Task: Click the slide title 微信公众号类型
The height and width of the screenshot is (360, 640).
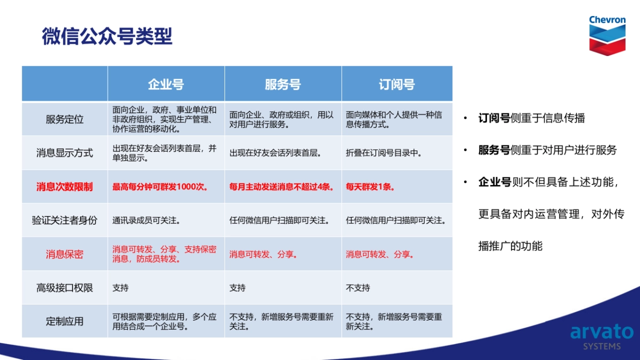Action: click(x=107, y=36)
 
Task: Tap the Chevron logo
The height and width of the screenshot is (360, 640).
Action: click(x=607, y=36)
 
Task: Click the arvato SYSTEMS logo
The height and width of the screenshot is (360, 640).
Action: click(x=602, y=337)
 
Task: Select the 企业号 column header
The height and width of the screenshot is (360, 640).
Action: click(x=166, y=85)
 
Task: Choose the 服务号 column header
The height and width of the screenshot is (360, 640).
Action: click(x=283, y=85)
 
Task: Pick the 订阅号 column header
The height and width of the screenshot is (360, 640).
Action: click(x=397, y=85)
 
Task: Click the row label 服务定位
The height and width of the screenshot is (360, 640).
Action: click(x=65, y=119)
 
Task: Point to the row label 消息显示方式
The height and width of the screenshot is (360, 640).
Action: click(x=65, y=153)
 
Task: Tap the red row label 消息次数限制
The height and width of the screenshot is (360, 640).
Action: click(x=65, y=187)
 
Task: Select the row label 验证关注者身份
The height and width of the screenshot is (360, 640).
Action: click(x=65, y=220)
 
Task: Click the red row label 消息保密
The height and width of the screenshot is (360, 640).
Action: click(x=65, y=254)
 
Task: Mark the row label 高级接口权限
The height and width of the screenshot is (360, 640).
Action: click(x=65, y=287)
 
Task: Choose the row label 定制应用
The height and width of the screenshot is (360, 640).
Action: click(x=65, y=322)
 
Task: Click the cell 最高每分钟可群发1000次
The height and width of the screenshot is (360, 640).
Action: click(x=160, y=187)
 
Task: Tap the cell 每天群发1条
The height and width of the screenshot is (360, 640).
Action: click(x=370, y=187)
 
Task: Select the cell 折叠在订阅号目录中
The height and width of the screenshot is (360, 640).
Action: click(x=383, y=153)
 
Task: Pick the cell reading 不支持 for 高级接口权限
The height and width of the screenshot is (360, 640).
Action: click(x=358, y=287)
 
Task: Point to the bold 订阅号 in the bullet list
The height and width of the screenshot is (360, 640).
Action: click(x=494, y=118)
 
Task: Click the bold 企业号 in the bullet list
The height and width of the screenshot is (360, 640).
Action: click(x=495, y=182)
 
